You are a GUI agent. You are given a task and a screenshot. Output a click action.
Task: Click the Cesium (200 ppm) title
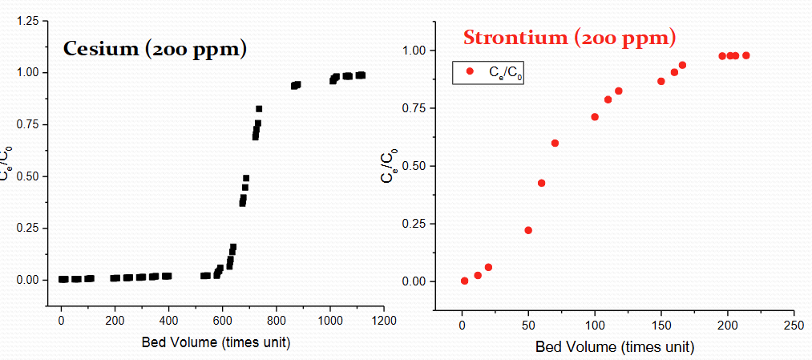click(155, 49)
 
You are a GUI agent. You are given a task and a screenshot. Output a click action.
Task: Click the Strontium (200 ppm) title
click(570, 37)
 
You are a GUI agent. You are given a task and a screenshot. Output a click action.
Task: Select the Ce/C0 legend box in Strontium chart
click(488, 72)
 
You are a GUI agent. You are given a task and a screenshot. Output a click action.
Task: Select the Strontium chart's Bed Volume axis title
click(614, 346)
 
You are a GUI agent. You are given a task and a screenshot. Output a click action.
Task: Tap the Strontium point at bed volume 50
click(528, 230)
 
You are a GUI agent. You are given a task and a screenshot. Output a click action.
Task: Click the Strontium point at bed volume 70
click(555, 143)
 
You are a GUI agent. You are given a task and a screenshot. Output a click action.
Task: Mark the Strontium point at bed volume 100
click(595, 117)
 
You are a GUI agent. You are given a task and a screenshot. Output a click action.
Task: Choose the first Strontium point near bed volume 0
click(465, 281)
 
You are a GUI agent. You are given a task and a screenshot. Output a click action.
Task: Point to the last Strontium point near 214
click(746, 55)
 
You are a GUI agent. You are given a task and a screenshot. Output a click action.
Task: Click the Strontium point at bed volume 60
click(542, 183)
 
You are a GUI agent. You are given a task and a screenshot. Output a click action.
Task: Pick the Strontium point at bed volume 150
click(661, 81)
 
